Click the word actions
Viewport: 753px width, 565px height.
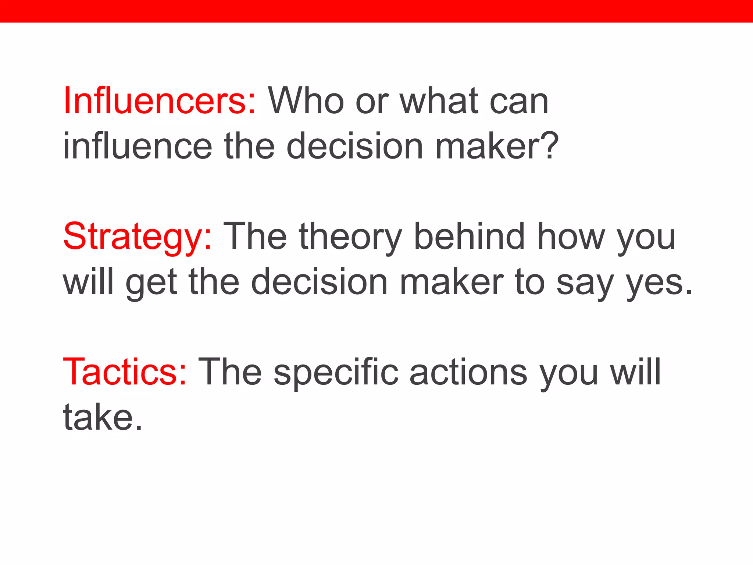(468, 372)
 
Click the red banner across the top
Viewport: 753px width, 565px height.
(376, 11)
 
